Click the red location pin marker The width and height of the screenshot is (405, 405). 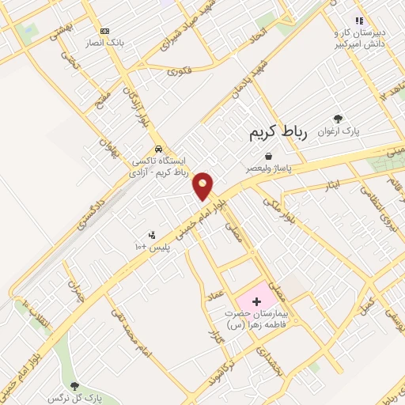point(203,184)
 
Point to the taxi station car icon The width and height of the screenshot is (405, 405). point(159,148)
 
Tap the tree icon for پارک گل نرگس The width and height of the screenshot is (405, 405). point(75,386)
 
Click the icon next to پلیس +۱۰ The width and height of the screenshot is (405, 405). point(152,235)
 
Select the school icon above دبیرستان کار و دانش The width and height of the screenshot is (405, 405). point(359,21)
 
